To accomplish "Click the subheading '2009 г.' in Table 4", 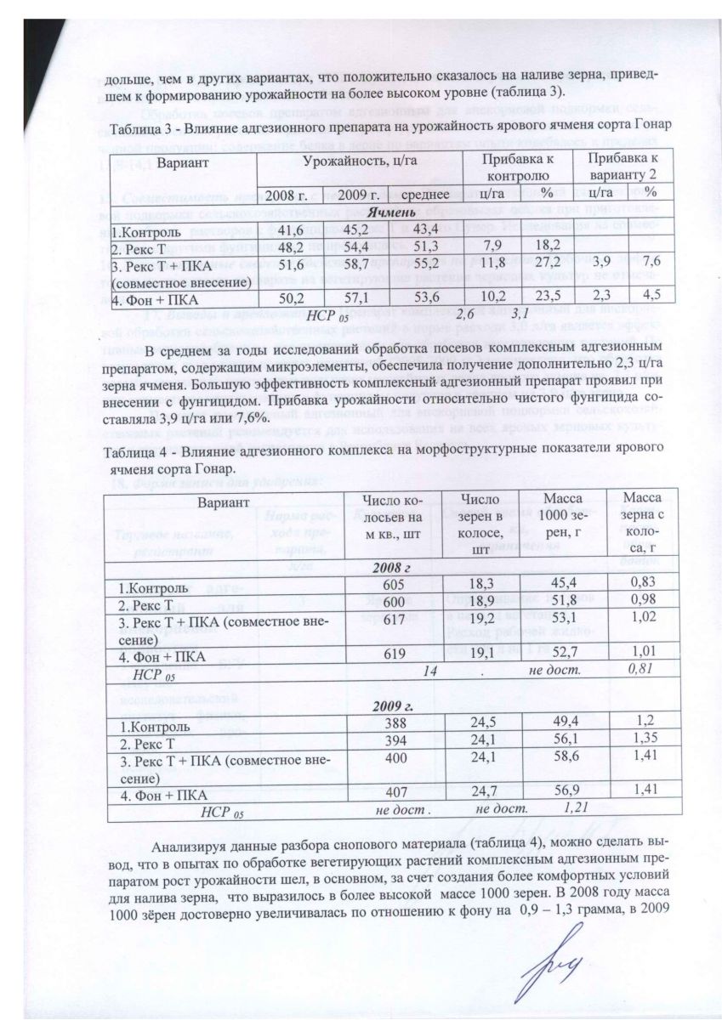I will [393, 707].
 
